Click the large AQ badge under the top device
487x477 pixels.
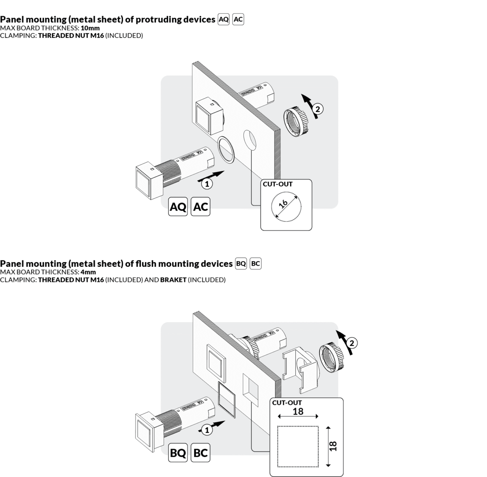[x=178, y=206]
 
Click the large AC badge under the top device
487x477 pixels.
[x=200, y=206]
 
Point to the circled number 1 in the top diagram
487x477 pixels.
[x=207, y=184]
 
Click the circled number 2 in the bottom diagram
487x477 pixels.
[x=352, y=343]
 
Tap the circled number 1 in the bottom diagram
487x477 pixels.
[x=207, y=430]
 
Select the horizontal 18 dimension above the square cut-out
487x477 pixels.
[x=298, y=411]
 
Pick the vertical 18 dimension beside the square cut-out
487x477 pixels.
[x=334, y=446]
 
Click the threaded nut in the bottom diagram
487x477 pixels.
[x=332, y=357]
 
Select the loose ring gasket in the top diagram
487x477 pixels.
[x=226, y=150]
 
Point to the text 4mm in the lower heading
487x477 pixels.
[x=88, y=272]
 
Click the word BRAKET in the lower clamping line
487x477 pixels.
[x=173, y=280]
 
